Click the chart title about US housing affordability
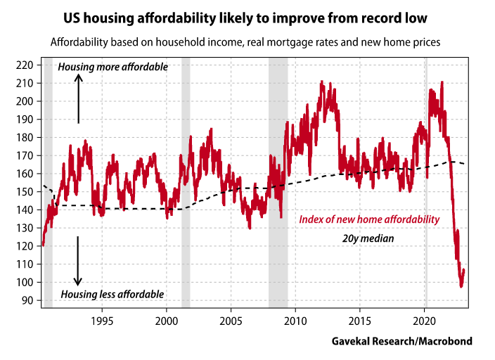[247, 15]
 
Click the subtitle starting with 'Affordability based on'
[245, 42]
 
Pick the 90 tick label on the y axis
[27, 300]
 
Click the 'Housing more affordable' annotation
[112, 67]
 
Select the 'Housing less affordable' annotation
[112, 294]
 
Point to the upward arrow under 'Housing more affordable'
[79, 98]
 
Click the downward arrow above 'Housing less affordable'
[79, 260]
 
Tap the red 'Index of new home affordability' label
[369, 220]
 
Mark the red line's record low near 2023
[461, 285]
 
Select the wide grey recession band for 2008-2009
[278, 183]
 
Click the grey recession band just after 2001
[186, 183]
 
